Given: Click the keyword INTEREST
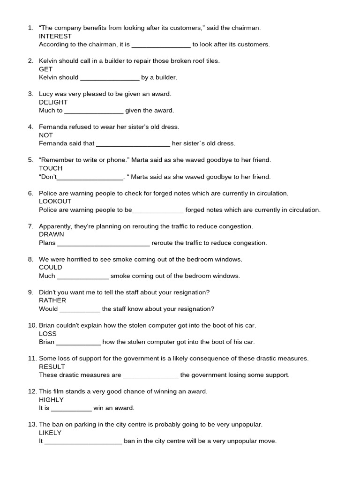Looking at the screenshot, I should (x=55, y=36).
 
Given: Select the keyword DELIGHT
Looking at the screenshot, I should (x=53, y=102).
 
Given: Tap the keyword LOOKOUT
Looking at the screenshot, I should (x=55, y=202).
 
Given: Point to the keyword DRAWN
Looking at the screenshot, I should (x=52, y=234).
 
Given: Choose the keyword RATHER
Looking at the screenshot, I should (x=52, y=300).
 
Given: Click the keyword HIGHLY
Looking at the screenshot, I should (x=51, y=400).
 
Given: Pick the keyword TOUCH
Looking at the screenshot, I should (x=51, y=168).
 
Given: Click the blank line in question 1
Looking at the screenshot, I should (x=161, y=45).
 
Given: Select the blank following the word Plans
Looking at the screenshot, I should (x=103, y=244).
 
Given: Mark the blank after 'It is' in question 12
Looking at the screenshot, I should (x=71, y=409).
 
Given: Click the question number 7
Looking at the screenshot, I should (x=30, y=226).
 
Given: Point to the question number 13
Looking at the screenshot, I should (x=32, y=425).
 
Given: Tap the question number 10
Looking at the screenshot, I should (x=32, y=325).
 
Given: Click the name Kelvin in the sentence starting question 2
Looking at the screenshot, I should (x=48, y=61).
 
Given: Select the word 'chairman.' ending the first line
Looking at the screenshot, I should (x=246, y=28).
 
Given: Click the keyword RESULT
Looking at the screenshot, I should (x=52, y=367).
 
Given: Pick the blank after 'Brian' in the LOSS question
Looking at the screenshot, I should (x=78, y=343).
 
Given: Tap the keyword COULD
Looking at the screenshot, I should (x=51, y=267).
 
